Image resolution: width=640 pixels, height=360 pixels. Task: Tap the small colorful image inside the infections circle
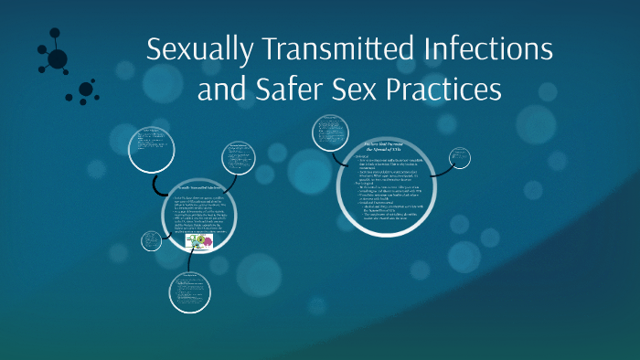(x=199, y=242)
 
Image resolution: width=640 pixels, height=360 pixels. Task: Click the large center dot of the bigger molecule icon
(x=58, y=58)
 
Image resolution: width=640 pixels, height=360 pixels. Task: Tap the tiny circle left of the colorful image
(x=152, y=242)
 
